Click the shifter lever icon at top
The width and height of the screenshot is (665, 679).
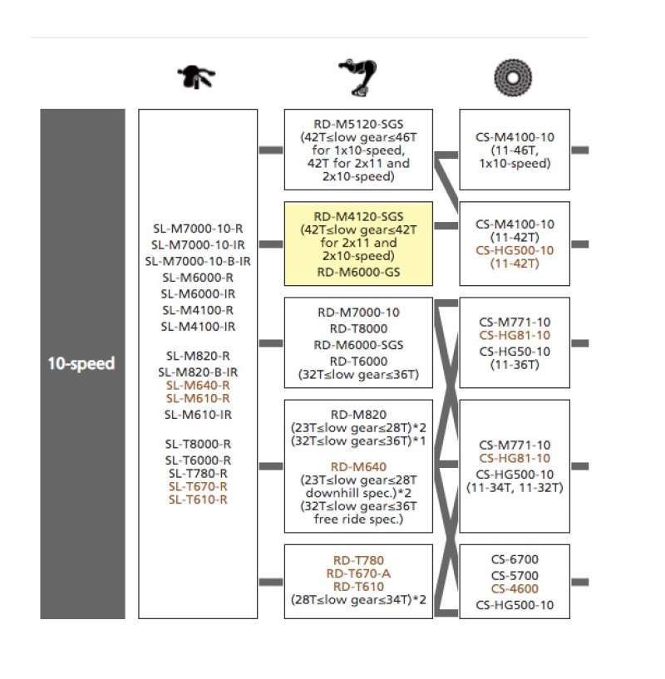[x=196, y=77]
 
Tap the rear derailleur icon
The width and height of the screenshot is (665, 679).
[x=357, y=77]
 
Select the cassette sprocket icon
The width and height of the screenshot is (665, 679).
[x=513, y=78]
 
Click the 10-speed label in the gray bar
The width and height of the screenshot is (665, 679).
[x=81, y=363]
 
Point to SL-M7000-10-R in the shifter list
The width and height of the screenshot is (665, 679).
[x=198, y=229]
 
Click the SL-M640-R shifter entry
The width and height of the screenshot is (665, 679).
[x=198, y=386]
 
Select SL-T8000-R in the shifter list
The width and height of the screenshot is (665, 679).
[x=198, y=445]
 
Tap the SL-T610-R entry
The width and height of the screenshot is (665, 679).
[x=198, y=499]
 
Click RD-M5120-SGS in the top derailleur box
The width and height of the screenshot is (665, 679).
[x=358, y=125]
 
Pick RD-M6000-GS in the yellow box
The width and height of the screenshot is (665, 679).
[x=358, y=273]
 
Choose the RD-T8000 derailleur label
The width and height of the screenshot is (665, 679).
[x=358, y=328]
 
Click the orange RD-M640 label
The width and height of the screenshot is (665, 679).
[x=358, y=467]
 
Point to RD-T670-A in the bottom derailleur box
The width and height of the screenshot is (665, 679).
[x=358, y=573]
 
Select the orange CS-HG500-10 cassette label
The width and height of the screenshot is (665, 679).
[x=515, y=250]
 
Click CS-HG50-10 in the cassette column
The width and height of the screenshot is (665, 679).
[x=515, y=352]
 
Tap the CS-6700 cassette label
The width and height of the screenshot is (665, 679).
[x=515, y=559]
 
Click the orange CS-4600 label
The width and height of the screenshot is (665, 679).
[x=515, y=589]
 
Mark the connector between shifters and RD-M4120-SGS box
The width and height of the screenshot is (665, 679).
[x=271, y=244]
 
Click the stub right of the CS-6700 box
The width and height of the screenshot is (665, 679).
[x=580, y=582]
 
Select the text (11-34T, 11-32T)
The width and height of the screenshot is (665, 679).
[x=515, y=488]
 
